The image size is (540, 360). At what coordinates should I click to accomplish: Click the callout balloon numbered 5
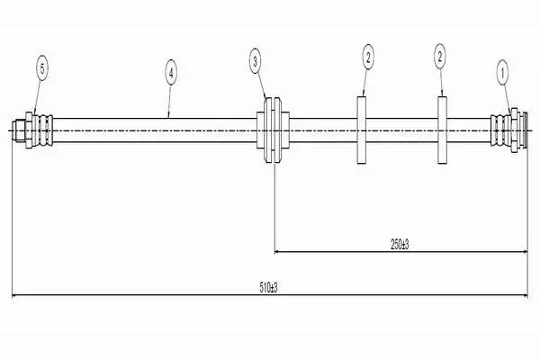tap(42, 68)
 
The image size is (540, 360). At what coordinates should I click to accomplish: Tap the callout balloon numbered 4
tap(171, 72)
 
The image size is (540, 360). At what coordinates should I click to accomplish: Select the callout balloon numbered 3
tap(256, 62)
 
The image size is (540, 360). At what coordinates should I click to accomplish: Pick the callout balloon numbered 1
tap(502, 72)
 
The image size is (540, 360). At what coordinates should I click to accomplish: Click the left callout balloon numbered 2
tap(368, 57)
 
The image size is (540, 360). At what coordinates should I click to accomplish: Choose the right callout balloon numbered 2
tap(440, 57)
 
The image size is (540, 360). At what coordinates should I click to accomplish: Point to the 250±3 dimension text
tap(400, 245)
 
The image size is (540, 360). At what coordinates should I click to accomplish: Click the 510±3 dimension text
tap(268, 288)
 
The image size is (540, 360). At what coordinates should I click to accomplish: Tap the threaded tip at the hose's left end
tap(19, 130)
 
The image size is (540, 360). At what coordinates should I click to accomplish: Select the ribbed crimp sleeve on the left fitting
tap(42, 130)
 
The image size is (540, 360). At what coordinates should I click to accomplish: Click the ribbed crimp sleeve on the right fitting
tap(501, 130)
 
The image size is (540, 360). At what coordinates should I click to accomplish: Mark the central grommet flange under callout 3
tap(273, 130)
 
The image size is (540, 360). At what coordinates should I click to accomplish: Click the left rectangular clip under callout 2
tap(361, 130)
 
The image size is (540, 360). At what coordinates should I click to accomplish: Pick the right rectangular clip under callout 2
tap(443, 130)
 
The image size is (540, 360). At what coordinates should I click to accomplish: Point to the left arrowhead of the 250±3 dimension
tap(277, 252)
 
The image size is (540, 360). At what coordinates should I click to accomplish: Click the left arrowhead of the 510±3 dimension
tap(14, 295)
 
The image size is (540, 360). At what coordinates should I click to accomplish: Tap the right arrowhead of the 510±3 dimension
tap(525, 295)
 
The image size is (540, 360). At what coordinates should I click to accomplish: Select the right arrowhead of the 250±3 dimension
tap(525, 252)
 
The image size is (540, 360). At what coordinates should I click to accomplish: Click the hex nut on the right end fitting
tap(515, 130)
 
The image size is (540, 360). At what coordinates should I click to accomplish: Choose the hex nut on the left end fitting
tap(29, 130)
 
